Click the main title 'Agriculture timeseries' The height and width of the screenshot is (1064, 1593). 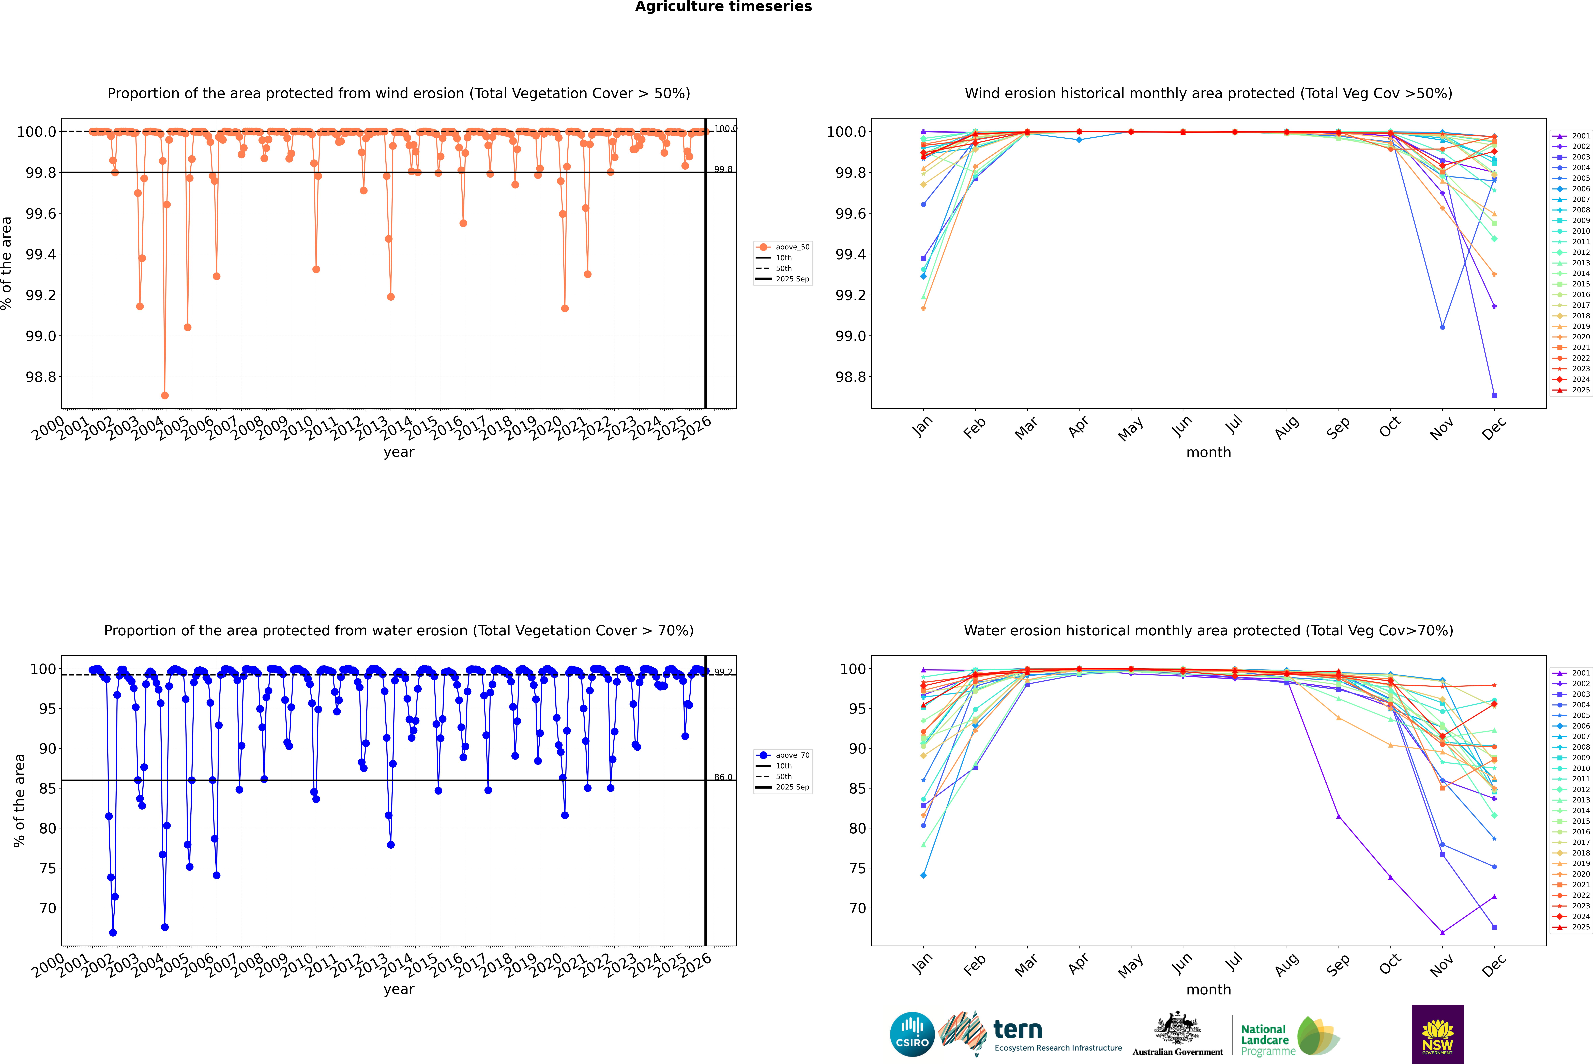tap(723, 7)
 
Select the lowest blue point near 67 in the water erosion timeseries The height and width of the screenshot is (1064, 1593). tap(113, 932)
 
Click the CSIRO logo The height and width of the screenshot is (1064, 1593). tap(912, 1034)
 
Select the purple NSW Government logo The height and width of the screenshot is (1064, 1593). tap(1437, 1034)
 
